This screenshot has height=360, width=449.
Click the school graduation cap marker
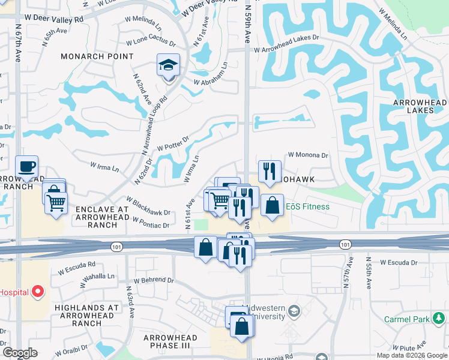point(169,65)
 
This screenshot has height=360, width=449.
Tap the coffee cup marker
point(26,166)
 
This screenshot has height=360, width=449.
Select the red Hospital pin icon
point(38,292)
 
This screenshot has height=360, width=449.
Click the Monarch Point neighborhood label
point(97,56)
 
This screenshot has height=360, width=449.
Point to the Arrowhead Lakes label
point(418,107)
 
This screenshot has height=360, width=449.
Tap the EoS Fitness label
point(307,207)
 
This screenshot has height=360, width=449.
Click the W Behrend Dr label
point(154,280)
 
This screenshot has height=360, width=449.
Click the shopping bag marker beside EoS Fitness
point(272,205)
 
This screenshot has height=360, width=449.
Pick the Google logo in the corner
point(20,353)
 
